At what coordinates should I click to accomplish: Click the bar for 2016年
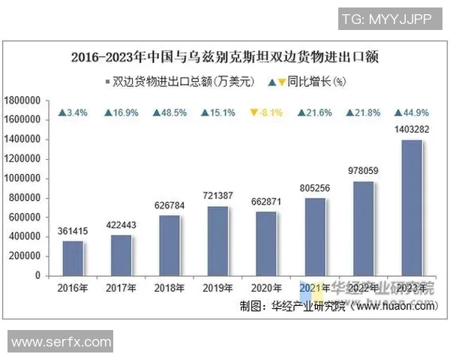[73, 258]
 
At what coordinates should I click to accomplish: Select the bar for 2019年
[217, 241]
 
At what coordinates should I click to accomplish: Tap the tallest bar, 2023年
[411, 208]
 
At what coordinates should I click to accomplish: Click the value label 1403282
[411, 130]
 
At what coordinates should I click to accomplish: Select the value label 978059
[363, 171]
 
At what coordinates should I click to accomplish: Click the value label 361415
[73, 231]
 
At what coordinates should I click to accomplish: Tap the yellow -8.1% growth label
[265, 113]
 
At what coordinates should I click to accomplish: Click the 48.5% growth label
[169, 113]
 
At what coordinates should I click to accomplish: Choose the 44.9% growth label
[411, 113]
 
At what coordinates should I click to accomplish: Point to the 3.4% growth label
[73, 113]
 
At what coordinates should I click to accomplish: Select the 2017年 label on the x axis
[121, 288]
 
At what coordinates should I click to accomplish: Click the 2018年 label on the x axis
[169, 288]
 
